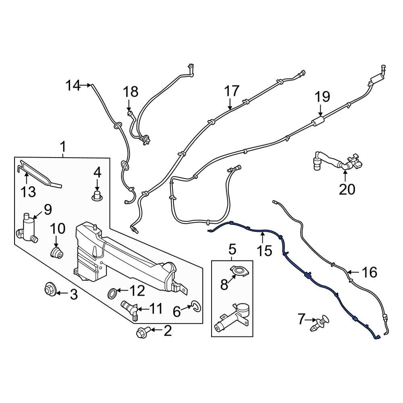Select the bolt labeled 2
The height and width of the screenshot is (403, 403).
click(142, 332)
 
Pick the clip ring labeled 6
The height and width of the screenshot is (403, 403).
click(195, 307)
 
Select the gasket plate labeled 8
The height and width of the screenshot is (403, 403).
click(239, 272)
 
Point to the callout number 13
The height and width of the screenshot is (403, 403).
click(28, 192)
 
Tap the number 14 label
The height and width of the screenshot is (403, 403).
click(73, 85)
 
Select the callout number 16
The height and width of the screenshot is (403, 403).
click(369, 273)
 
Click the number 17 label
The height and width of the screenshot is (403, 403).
click(232, 91)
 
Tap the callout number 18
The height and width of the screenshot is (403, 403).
click(131, 92)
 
